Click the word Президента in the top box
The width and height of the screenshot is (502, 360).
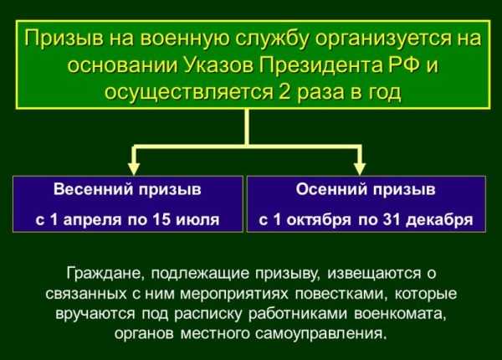click(320, 65)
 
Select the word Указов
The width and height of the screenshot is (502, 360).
click(218, 65)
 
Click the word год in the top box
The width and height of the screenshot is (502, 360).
click(386, 93)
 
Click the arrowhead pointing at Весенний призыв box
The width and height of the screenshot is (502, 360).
click(134, 168)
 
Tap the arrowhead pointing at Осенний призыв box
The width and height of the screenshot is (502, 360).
click(360, 168)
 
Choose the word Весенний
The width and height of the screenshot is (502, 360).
click(93, 189)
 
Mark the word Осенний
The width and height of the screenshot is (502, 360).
click(331, 189)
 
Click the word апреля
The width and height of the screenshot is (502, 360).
click(92, 220)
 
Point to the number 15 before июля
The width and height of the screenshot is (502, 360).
click(161, 219)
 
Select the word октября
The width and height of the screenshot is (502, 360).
click(319, 220)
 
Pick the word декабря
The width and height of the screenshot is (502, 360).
click(439, 220)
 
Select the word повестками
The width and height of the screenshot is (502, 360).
click(341, 294)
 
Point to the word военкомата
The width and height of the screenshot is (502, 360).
click(400, 314)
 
